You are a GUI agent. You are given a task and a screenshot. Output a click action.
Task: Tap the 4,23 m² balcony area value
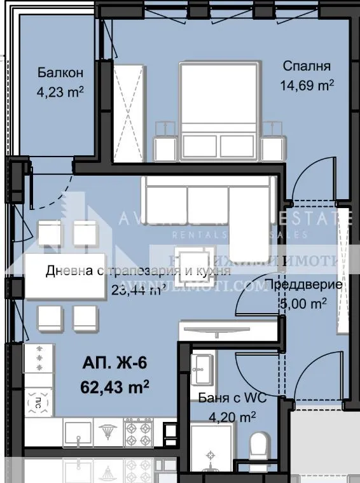(x=60, y=92)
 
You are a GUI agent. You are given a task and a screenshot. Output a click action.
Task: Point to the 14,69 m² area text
(x=307, y=83)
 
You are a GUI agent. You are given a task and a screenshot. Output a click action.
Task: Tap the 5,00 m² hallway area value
(x=303, y=304)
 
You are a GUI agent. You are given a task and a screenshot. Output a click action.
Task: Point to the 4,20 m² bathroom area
(x=232, y=417)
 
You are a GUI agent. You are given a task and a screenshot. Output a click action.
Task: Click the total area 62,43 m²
(x=115, y=385)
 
